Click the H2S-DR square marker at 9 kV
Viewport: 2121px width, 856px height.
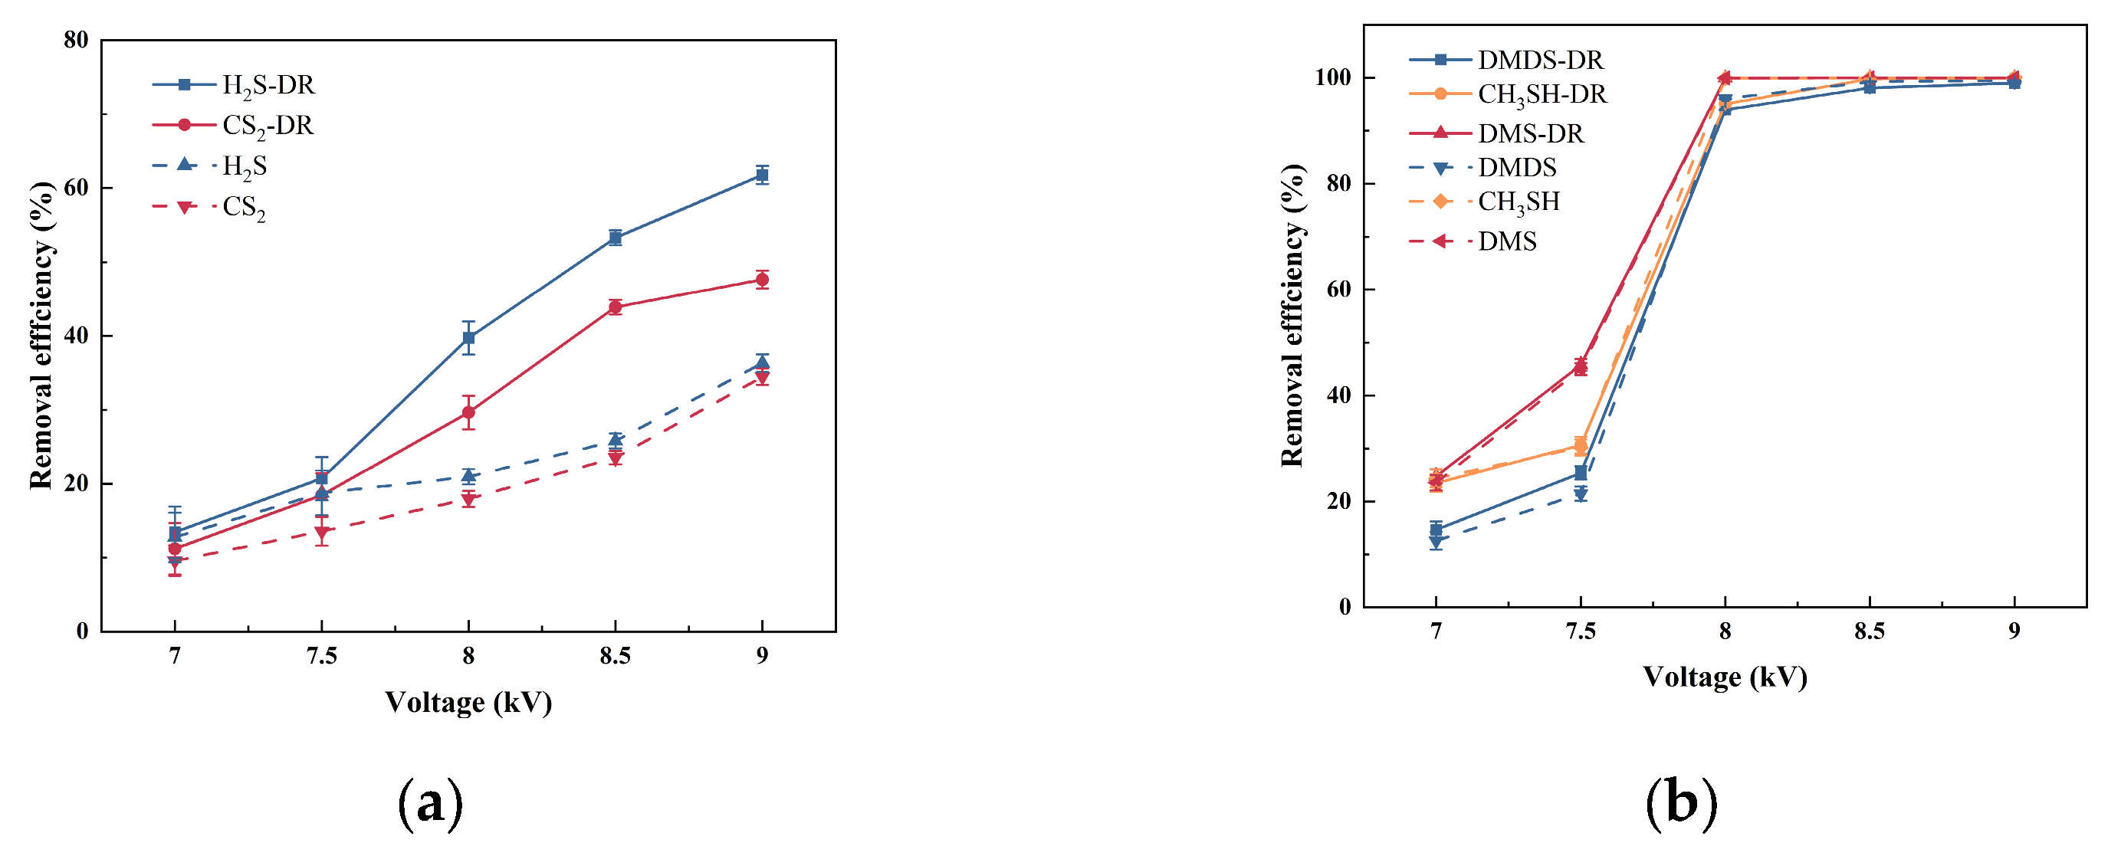tap(763, 175)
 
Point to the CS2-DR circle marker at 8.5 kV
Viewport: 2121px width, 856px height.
tap(615, 307)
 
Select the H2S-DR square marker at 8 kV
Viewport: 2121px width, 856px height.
tap(468, 337)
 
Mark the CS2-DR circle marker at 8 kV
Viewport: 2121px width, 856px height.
tap(468, 412)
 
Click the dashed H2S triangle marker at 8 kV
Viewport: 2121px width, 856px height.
tap(468, 476)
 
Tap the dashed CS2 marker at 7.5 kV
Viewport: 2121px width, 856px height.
tap(322, 532)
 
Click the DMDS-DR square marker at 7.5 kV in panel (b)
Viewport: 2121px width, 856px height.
tap(1581, 472)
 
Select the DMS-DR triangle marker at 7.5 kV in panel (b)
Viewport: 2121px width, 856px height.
tap(1581, 365)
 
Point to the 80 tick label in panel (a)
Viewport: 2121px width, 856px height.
tap(76, 41)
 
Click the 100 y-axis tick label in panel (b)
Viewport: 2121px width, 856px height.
tap(1332, 77)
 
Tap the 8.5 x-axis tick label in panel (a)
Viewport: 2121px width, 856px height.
tap(615, 656)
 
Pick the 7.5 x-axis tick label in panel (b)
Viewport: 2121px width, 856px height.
tap(1581, 631)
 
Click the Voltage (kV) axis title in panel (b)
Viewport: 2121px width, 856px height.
tap(1725, 677)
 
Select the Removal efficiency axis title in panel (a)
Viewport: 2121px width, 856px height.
tap(41, 335)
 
